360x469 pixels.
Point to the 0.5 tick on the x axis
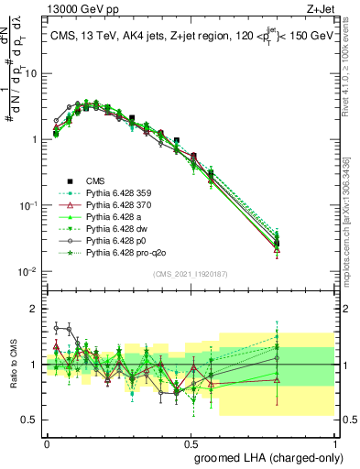click(x=191, y=442)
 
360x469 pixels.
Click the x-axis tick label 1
click(x=334, y=442)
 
